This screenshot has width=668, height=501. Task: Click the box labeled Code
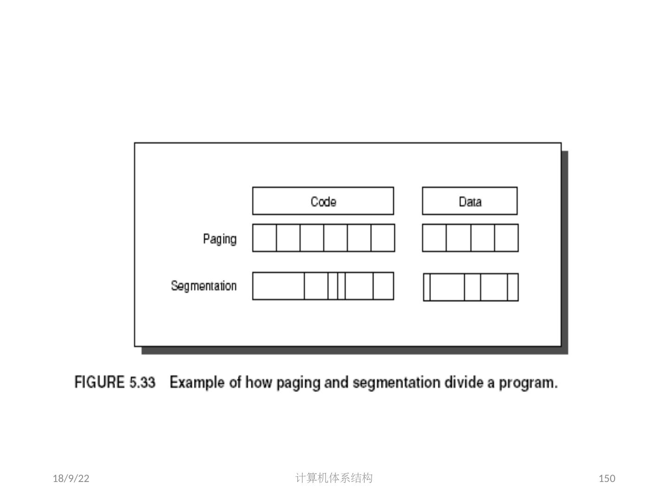pyautogui.click(x=323, y=201)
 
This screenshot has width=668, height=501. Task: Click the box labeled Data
pyautogui.click(x=469, y=201)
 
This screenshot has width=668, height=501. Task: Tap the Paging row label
pyautogui.click(x=219, y=239)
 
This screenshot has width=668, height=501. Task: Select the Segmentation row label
pyautogui.click(x=204, y=286)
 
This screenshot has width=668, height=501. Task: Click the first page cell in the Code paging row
pyautogui.click(x=264, y=238)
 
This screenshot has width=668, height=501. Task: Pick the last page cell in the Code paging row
pyautogui.click(x=383, y=238)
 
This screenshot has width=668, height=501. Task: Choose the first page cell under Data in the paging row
pyautogui.click(x=434, y=238)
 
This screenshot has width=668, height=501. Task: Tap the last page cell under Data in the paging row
pyautogui.click(x=506, y=238)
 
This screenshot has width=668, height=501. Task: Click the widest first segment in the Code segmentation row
pyautogui.click(x=278, y=286)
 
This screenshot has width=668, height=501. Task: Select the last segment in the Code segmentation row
pyautogui.click(x=383, y=286)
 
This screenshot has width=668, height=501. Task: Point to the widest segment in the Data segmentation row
pyautogui.click(x=447, y=288)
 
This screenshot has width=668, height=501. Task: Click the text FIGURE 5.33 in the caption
pyautogui.click(x=115, y=383)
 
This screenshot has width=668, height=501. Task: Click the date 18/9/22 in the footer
pyautogui.click(x=71, y=479)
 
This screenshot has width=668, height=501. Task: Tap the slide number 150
pyautogui.click(x=607, y=479)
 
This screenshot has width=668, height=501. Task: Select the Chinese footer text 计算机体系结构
pyautogui.click(x=334, y=478)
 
